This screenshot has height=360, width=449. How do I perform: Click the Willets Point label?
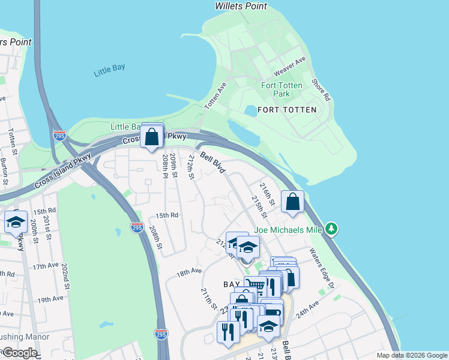coord(241,6)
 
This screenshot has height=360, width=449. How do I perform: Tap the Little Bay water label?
coord(110,70)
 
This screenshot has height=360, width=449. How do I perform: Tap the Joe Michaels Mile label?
coord(288,229)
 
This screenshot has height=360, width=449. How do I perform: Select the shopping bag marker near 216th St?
coord(292,203)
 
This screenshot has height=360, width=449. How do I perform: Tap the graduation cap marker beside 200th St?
coord(16,223)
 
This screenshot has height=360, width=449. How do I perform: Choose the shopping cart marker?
coord(255,286)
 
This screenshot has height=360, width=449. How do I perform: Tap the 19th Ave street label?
coord(50,298)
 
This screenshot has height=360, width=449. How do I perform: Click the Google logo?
coord(20,353)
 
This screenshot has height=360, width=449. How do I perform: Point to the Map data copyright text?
coord(411,355)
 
